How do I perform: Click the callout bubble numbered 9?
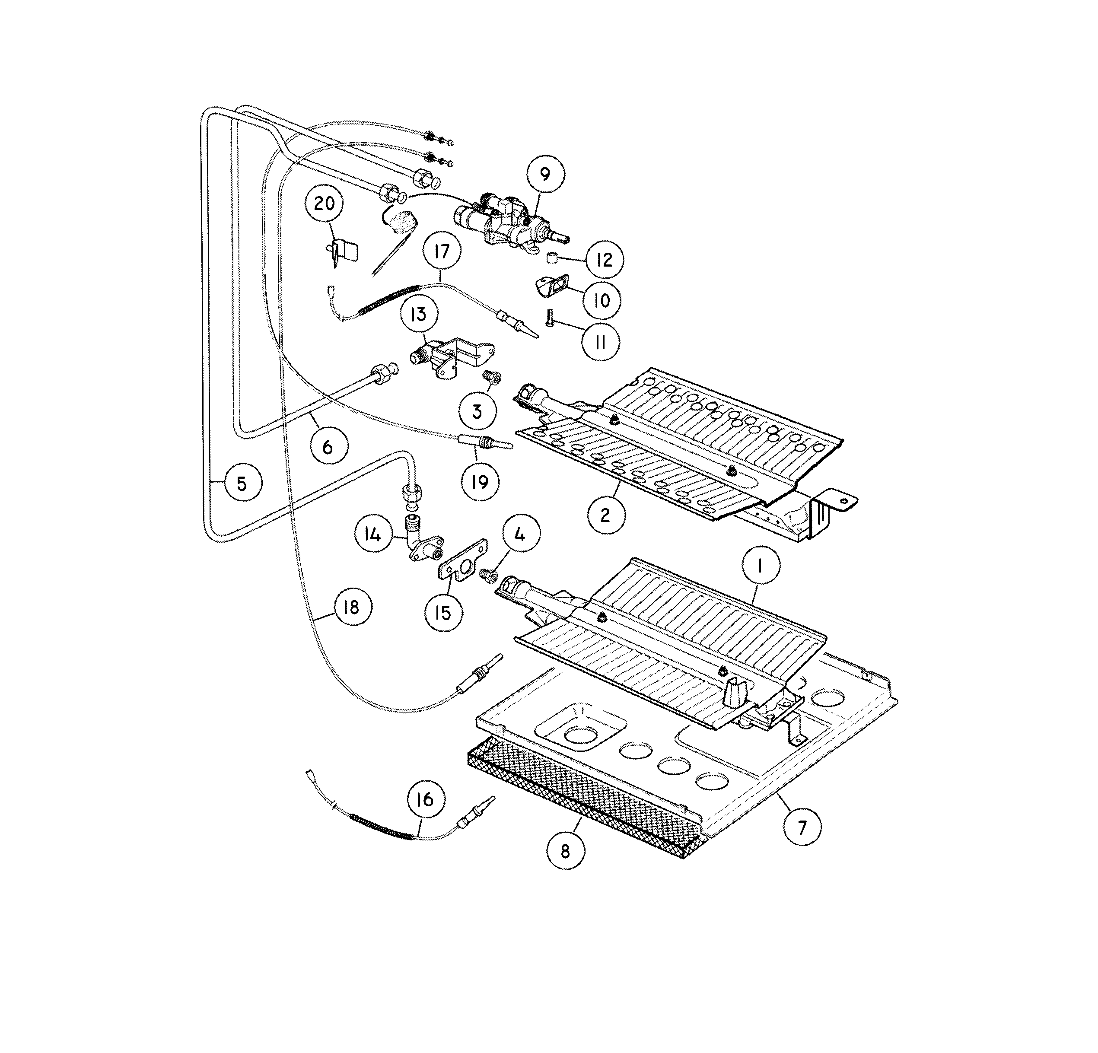(x=544, y=174)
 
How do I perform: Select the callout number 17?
(x=442, y=251)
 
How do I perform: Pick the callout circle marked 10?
(x=602, y=301)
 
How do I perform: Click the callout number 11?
(x=601, y=342)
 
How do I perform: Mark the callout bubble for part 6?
(x=328, y=446)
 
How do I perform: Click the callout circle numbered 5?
(x=242, y=483)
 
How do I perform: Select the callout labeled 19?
(x=480, y=482)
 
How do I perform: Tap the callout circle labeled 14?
(x=372, y=534)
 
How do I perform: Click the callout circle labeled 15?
(x=442, y=612)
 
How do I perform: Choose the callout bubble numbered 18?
(x=352, y=607)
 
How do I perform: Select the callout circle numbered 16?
(x=425, y=799)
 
